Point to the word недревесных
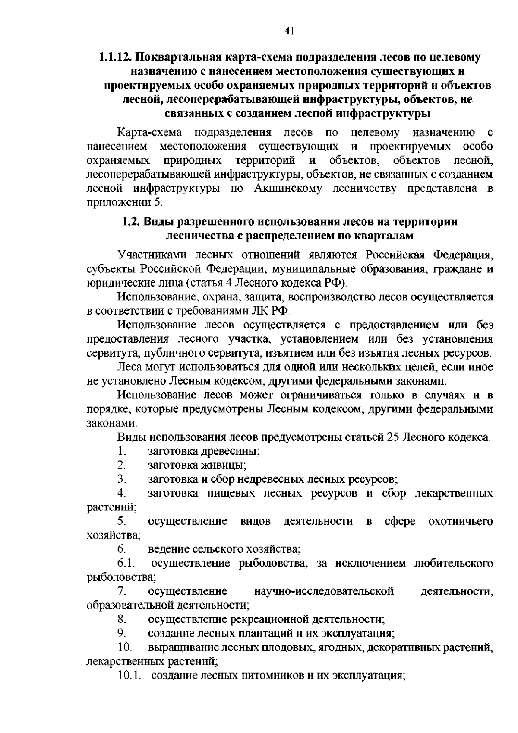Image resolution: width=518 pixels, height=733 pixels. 270,479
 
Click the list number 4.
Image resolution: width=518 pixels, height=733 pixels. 121,493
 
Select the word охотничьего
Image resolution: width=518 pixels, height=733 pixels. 460,521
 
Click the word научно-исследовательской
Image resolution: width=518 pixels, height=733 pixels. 324,591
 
